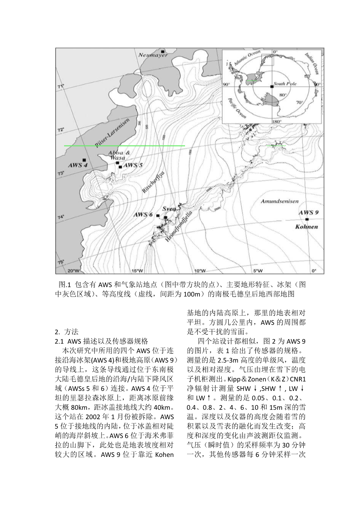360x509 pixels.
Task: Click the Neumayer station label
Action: pyautogui.click(x=153, y=55)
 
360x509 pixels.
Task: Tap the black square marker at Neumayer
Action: pyautogui.click(x=163, y=51)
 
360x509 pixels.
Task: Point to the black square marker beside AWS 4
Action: pyautogui.click(x=84, y=160)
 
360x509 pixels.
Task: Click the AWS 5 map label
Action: pyautogui.click(x=133, y=165)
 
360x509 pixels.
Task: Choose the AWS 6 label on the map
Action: pyautogui.click(x=143, y=215)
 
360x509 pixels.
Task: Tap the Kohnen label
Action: pyautogui.click(x=306, y=227)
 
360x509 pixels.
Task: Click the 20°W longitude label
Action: pyautogui.click(x=73, y=271)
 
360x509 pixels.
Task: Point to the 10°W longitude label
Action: pyautogui.click(x=199, y=271)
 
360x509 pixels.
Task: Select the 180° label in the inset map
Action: pyautogui.click(x=276, y=121)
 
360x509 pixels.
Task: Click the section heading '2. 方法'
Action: pyautogui.click(x=66, y=332)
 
